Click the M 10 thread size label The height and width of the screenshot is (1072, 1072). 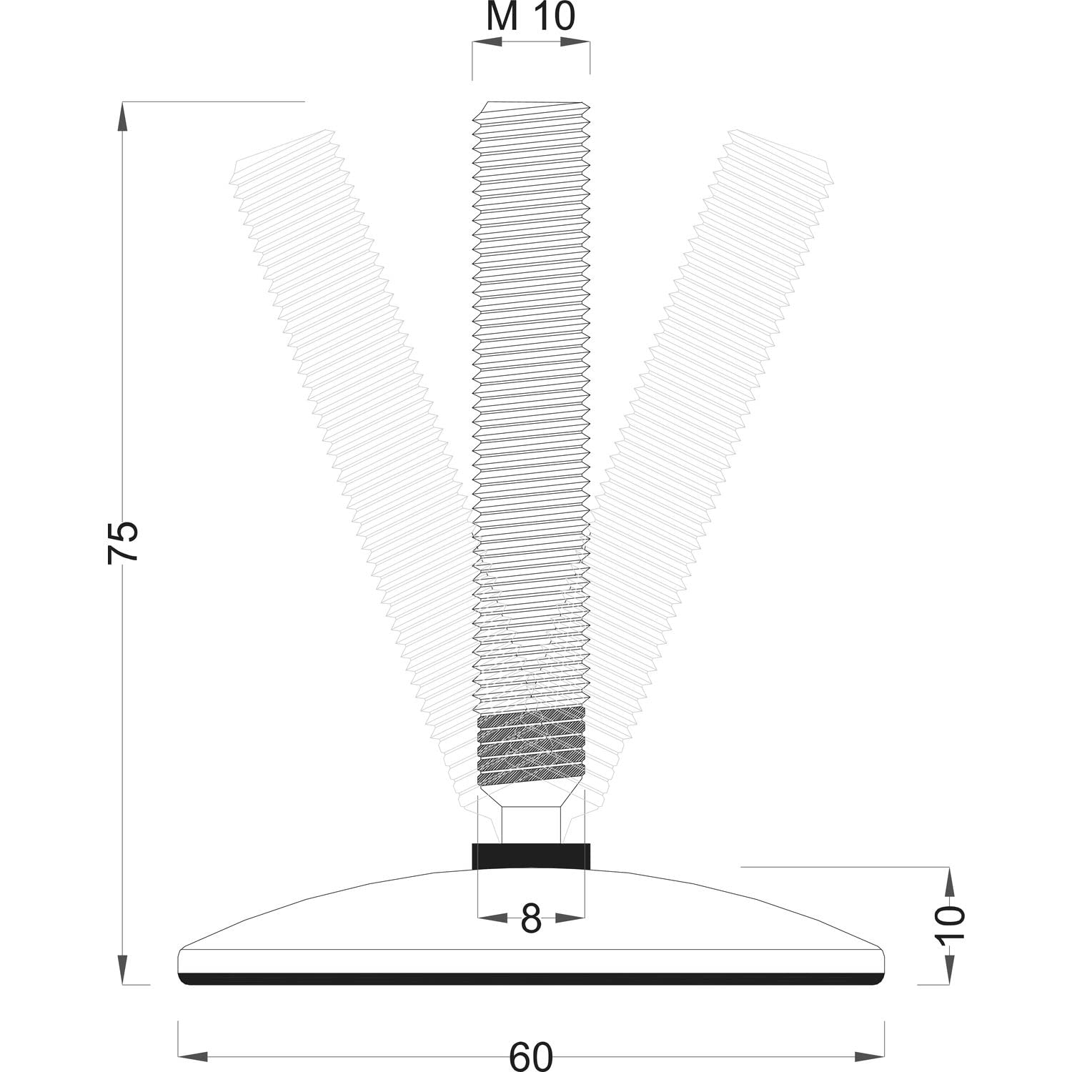(x=530, y=17)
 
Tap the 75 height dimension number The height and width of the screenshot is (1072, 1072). (x=122, y=542)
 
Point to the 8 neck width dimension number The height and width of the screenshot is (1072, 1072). (x=530, y=919)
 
